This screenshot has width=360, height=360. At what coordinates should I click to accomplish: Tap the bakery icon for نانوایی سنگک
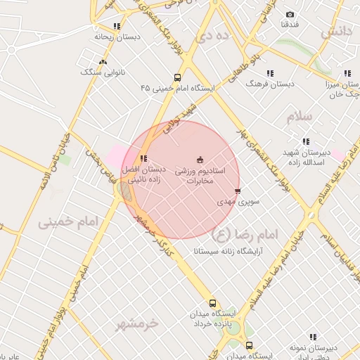tap(103, 62)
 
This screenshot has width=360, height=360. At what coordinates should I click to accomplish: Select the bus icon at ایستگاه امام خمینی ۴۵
tap(177, 78)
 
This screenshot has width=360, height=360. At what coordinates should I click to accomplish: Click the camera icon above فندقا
tap(290, 15)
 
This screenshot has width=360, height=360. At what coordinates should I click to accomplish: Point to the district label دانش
tap(335, 32)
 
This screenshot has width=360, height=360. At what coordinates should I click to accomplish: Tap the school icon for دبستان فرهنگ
tap(270, 73)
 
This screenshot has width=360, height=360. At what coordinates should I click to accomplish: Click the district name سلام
tap(299, 117)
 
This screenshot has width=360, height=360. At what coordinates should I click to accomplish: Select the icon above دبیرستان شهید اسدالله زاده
tap(306, 143)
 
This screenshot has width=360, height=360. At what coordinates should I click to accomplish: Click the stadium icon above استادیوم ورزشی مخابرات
tap(200, 160)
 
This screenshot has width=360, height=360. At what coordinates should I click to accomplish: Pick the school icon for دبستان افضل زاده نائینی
tap(143, 159)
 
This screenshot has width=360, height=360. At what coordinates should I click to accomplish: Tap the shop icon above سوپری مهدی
tap(238, 191)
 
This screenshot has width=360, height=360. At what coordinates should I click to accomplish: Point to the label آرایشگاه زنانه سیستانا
tap(220, 250)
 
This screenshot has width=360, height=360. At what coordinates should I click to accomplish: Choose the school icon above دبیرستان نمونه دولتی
tap(313, 337)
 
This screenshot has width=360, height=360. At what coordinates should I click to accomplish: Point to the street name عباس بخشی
tap(99, 163)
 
